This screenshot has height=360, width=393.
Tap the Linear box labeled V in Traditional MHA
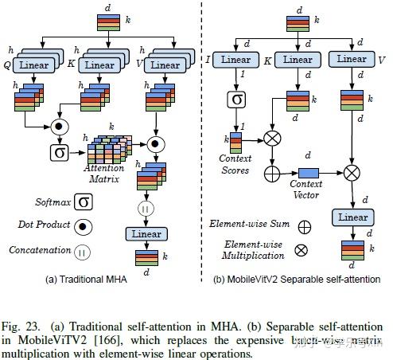pos(163,65)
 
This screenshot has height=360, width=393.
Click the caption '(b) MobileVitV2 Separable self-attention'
pos(297,279)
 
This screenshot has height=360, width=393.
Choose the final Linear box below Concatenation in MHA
pos(146,234)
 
